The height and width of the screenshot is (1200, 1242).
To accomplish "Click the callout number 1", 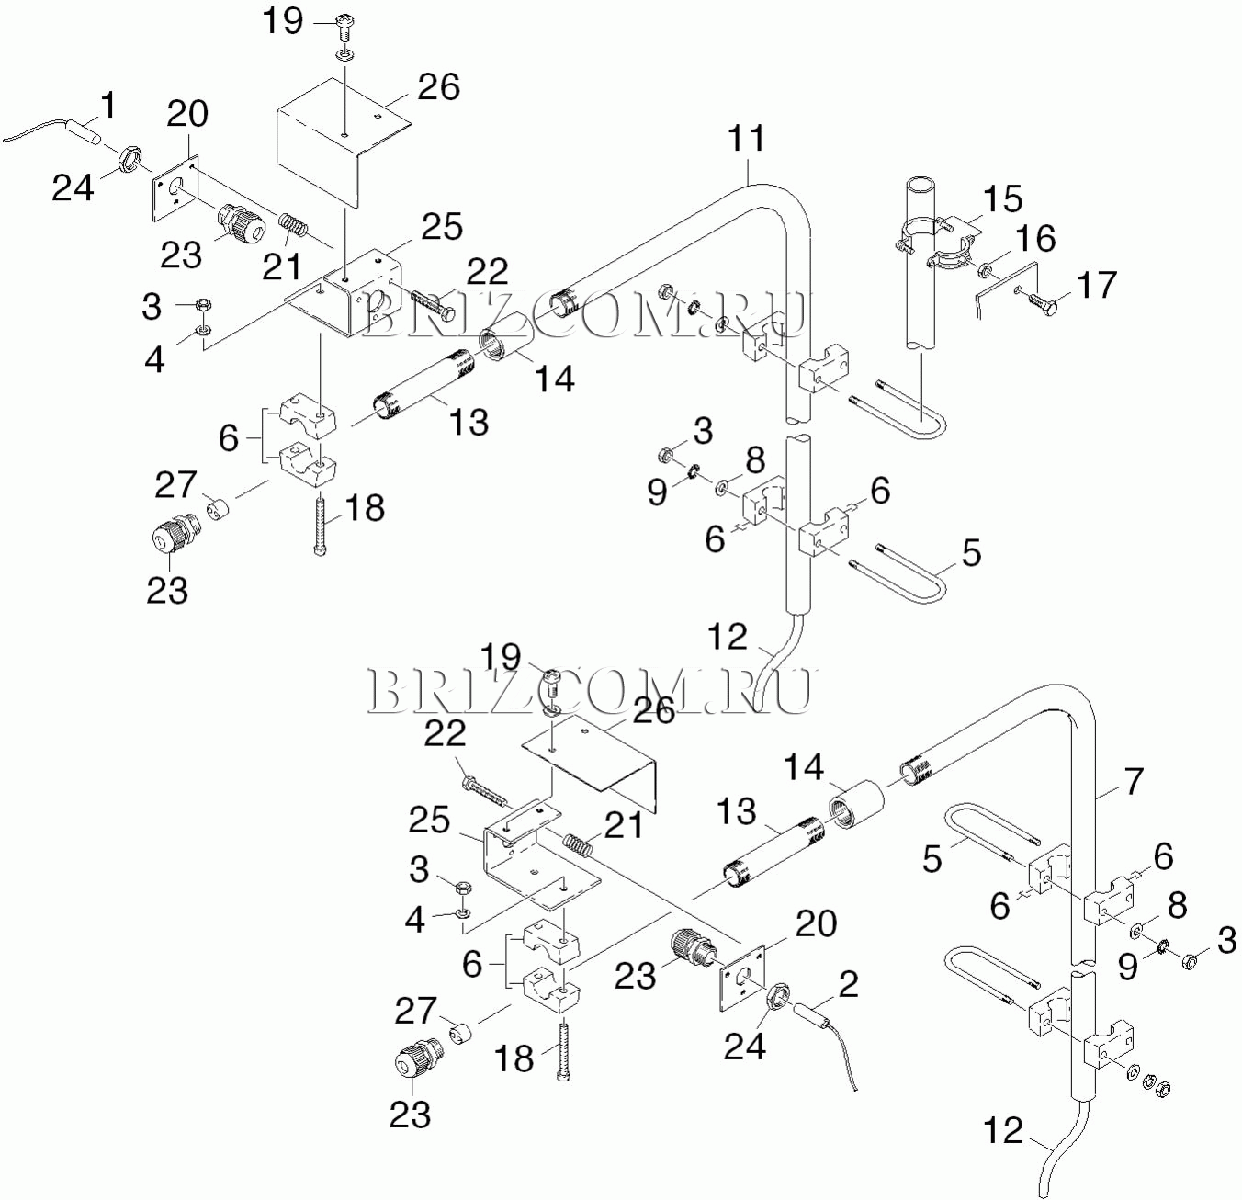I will point(109,107).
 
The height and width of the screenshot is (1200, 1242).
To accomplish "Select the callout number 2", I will point(849,983).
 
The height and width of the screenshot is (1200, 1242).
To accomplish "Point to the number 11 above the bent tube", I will point(746,139).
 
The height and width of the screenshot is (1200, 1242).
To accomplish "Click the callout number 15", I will point(1002,198).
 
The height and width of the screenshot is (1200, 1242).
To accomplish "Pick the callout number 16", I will point(1035,239).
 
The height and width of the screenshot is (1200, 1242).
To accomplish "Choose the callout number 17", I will point(1097,285).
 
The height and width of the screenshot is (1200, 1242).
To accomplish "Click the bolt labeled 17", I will point(1043,300).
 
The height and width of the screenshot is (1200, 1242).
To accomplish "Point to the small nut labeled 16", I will point(984,270).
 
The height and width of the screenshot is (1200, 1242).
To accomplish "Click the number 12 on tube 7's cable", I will point(1002,1130).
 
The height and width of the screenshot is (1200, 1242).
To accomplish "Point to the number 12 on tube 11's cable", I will point(728,637).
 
